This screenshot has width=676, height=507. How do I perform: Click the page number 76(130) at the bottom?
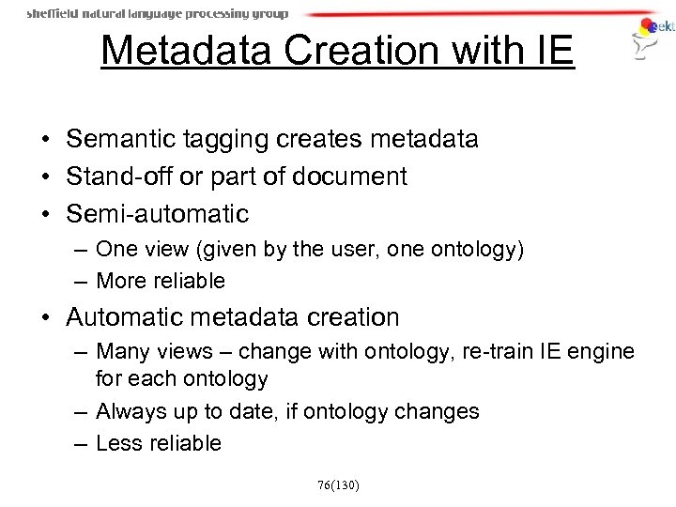[338, 484]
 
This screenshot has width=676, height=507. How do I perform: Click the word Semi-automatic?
[158, 214]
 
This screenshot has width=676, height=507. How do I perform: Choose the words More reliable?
[161, 280]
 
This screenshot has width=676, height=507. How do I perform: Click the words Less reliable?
[159, 443]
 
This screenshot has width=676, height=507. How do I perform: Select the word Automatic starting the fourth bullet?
[128, 317]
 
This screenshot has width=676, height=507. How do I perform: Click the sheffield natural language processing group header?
[157, 14]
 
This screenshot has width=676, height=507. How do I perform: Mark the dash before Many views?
[83, 352]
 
